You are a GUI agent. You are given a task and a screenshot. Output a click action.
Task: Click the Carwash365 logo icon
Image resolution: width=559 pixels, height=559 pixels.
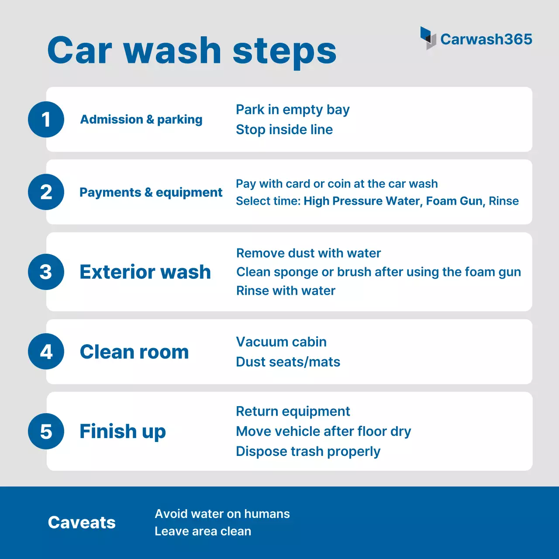(x=428, y=38)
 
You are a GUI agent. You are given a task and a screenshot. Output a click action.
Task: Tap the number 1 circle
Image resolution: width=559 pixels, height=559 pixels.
(x=46, y=119)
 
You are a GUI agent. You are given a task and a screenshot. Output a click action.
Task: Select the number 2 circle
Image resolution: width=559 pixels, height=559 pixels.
(x=46, y=192)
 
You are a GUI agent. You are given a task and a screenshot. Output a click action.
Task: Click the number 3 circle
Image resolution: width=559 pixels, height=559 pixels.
(x=46, y=272)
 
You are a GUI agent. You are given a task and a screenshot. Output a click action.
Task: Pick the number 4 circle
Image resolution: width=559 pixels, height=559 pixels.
(x=46, y=352)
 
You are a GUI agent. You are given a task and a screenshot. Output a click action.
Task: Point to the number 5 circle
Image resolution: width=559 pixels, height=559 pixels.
(x=46, y=431)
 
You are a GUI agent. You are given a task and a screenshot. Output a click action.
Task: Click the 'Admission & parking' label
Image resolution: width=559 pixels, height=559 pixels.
(x=141, y=119)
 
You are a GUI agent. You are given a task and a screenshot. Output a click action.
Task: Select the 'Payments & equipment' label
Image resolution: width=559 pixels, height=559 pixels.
(x=151, y=192)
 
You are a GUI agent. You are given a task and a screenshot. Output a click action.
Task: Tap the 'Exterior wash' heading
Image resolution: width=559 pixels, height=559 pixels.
(x=145, y=272)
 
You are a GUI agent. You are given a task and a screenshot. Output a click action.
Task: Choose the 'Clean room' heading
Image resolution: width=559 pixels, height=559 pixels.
(x=134, y=352)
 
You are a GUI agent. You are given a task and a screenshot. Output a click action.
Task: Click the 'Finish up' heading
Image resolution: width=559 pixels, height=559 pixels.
(x=123, y=431)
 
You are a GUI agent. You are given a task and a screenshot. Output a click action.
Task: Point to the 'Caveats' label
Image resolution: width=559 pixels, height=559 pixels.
(x=82, y=522)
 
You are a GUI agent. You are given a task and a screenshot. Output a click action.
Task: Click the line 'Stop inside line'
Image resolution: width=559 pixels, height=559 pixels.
(x=284, y=129)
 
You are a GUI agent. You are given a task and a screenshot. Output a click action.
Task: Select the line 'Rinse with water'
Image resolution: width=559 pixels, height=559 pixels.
(x=286, y=290)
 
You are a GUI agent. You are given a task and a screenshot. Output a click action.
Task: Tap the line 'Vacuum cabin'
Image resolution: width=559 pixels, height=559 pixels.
(x=281, y=342)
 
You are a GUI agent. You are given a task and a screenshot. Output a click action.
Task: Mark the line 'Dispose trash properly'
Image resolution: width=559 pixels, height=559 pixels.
(x=308, y=451)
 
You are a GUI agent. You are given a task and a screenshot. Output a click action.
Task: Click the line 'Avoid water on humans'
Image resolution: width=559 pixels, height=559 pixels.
(x=222, y=514)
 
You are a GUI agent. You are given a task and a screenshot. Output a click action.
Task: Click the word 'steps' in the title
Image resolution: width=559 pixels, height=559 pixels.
(x=284, y=51)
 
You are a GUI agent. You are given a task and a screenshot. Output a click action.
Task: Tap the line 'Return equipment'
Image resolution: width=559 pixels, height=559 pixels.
(x=293, y=411)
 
